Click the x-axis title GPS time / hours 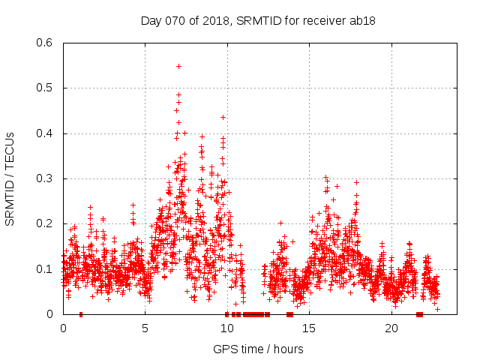pos(258,349)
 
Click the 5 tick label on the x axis pos(145,328)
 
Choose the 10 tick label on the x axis pos(227,328)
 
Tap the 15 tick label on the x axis pos(310,328)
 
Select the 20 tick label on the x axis pos(391,328)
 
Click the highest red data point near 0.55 pos(178,66)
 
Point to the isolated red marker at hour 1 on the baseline pos(80,313)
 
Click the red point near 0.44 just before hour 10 pos(223,117)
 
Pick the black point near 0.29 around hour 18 pos(357,182)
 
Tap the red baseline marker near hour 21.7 pos(419,313)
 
